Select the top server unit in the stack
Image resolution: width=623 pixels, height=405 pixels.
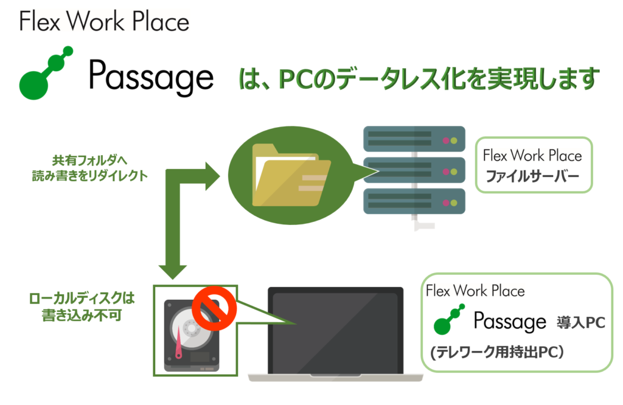[x=414, y=139]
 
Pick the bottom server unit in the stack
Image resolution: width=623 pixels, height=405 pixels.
[x=414, y=201]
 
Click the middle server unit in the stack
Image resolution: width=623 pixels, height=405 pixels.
[x=414, y=170]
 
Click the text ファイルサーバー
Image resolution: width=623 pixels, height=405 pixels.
[x=532, y=178]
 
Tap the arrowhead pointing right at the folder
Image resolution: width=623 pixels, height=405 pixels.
[x=211, y=176]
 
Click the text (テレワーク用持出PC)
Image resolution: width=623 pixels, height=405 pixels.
[x=499, y=352]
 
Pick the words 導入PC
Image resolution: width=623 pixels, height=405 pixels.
[x=580, y=323]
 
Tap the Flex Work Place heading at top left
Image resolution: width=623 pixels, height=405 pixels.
[x=104, y=22]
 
